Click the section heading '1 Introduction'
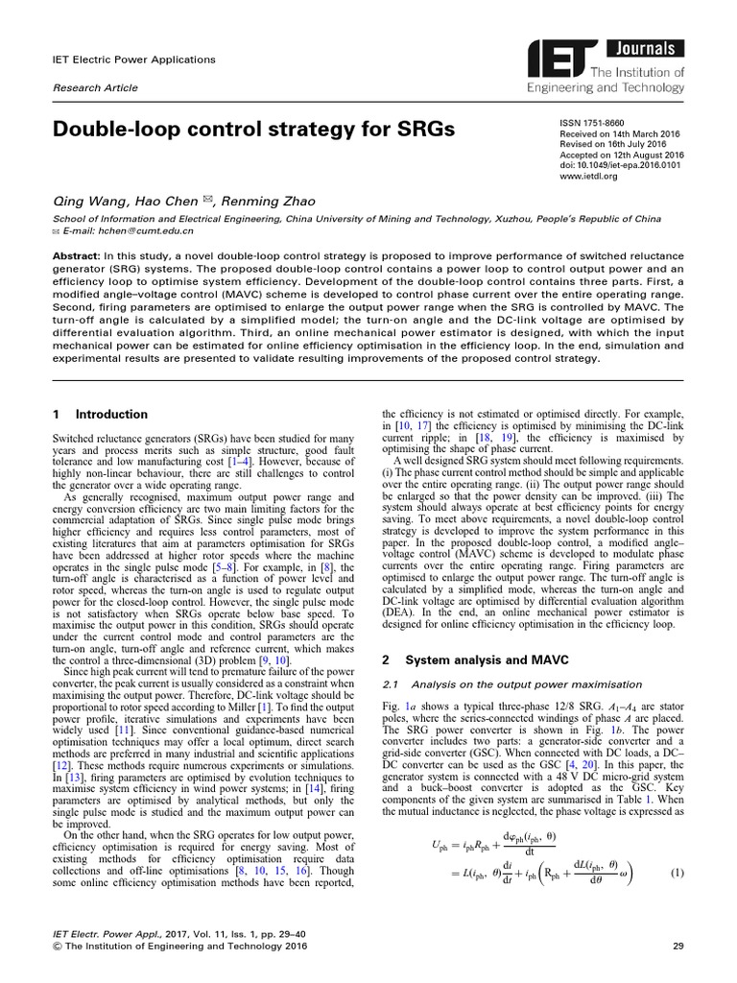(x=100, y=415)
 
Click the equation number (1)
(x=677, y=873)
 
